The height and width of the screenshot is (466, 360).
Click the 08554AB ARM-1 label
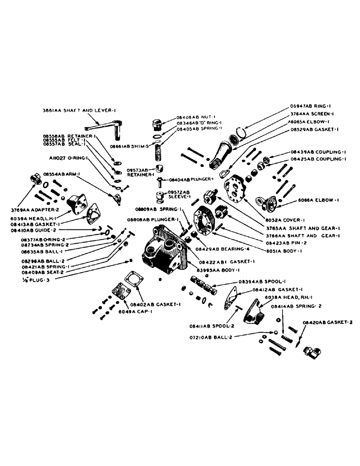[x=59, y=174]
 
